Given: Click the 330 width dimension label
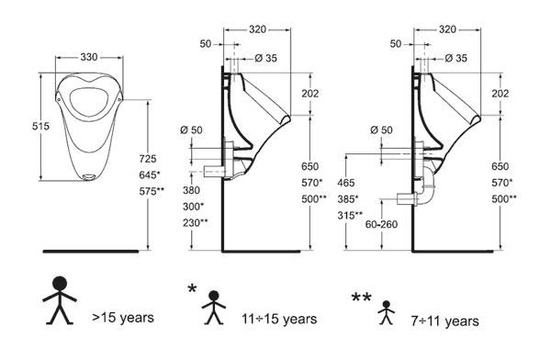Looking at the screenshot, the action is coord(89,57).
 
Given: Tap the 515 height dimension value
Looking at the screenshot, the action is coord(40,126).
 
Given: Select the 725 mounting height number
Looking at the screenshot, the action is coord(148,159).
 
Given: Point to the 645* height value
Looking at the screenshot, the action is coord(150,174).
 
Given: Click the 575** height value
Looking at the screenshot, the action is coord(152,191).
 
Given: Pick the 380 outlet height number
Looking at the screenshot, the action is coord(191,190).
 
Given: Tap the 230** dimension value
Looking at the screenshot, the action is coord(196,223).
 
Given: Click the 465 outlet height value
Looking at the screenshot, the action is coord(346,183).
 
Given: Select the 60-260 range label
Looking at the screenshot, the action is coord(381,224).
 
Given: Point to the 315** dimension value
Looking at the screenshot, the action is coord(351,215).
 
